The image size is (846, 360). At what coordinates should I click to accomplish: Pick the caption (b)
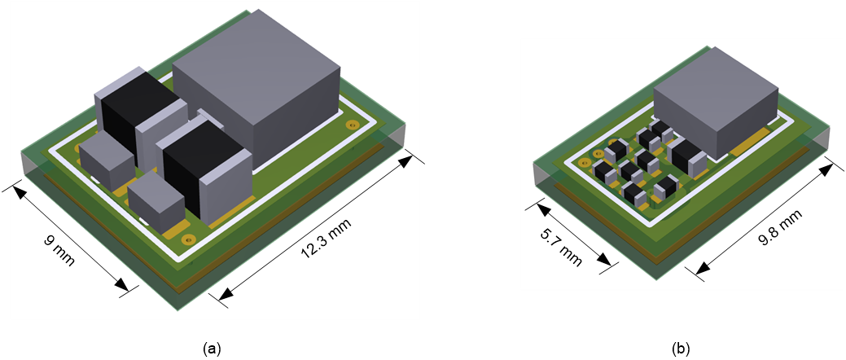[681, 348]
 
